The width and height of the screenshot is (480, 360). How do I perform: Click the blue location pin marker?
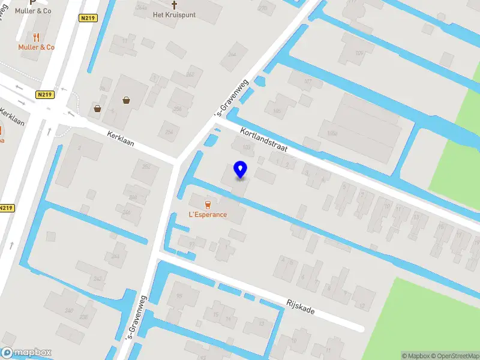click(240, 170)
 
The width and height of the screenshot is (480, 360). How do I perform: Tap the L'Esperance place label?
click(208, 215)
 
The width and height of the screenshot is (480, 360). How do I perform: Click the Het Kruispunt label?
click(175, 14)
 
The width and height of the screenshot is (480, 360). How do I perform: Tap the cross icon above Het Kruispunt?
click(175, 4)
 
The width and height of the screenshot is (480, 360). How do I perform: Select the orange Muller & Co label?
click(36, 47)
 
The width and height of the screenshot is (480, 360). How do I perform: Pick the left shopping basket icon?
click(97, 109)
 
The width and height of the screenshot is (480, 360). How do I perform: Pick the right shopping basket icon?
click(127, 100)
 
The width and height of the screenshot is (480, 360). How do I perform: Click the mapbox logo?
click(26, 353)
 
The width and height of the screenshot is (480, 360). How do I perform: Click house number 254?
click(169, 132)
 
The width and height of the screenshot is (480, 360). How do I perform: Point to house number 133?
click(245, 146)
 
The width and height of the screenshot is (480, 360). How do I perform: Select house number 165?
click(277, 111)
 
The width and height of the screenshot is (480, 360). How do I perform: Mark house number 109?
click(359, 53)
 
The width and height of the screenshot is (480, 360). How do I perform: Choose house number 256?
click(178, 109)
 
